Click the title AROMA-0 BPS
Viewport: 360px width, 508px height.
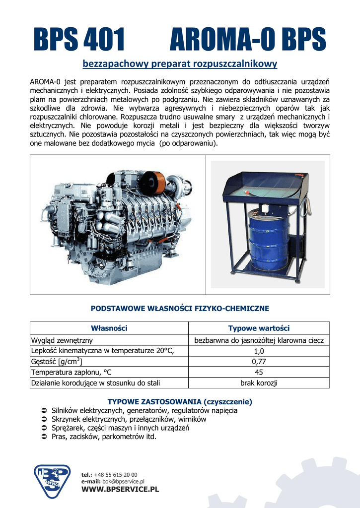[x=248, y=40]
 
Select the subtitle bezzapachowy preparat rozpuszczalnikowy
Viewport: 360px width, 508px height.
[x=179, y=64]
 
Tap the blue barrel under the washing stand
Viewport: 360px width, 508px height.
[x=268, y=240]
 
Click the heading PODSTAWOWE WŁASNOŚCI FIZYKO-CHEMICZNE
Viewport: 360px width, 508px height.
[x=180, y=309]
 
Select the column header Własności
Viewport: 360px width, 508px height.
[x=109, y=328]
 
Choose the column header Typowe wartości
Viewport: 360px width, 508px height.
[x=259, y=328]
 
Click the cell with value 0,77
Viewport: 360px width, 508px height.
[x=259, y=362]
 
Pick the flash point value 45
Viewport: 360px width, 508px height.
[x=259, y=372]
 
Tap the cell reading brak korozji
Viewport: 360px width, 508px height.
[x=259, y=383]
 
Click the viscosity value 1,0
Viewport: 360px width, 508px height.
[x=259, y=351]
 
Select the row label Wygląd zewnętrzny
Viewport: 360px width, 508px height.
[x=62, y=340]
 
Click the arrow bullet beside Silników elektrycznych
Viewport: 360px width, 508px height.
[x=43, y=411]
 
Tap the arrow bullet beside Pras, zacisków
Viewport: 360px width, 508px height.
[x=43, y=437]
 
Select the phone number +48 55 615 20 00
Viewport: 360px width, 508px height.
[x=115, y=475]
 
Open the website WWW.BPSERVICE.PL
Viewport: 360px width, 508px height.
[x=120, y=490]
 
